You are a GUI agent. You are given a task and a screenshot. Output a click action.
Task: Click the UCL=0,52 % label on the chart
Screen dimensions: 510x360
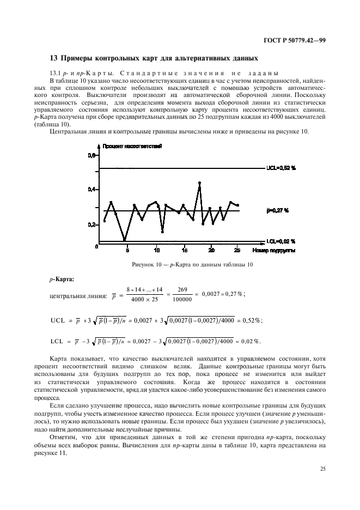click(280, 168)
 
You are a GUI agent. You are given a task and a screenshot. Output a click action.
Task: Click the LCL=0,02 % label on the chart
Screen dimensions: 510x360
click(280, 241)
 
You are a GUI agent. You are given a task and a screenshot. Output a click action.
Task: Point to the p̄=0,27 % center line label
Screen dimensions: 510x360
click(277, 210)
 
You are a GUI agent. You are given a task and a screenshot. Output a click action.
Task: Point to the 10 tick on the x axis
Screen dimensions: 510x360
click(156, 250)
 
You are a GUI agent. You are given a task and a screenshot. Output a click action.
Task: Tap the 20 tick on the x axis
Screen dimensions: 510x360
click(211, 250)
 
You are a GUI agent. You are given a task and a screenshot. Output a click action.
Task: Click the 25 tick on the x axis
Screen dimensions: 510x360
click(237, 250)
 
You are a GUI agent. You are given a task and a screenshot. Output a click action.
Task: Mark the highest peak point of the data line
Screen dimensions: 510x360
click(200, 183)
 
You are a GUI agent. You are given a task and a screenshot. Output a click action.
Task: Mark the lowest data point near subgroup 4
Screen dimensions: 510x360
click(125, 239)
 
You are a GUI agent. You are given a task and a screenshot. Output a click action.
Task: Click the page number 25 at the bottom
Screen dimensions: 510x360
click(323, 467)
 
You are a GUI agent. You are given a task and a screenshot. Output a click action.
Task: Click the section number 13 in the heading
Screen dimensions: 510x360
click(53, 58)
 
